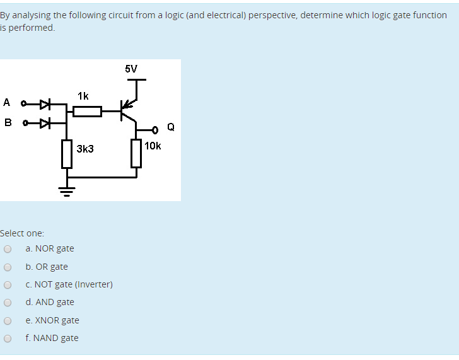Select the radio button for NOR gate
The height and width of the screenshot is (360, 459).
point(8,249)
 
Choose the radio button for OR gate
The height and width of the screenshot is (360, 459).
point(8,267)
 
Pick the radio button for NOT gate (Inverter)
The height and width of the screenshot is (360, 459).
point(8,284)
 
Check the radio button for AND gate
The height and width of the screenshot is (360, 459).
point(8,303)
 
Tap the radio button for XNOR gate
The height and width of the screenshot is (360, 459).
point(8,320)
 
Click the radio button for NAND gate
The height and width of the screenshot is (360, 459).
point(8,338)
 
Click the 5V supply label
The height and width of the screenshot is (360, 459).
point(131,69)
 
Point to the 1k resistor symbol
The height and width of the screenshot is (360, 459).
point(88,112)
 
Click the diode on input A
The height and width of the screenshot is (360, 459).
point(44,103)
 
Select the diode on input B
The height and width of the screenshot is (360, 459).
point(44,122)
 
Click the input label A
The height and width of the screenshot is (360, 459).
point(7,102)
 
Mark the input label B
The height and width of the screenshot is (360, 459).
point(7,122)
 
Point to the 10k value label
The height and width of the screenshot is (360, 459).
point(153,146)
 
